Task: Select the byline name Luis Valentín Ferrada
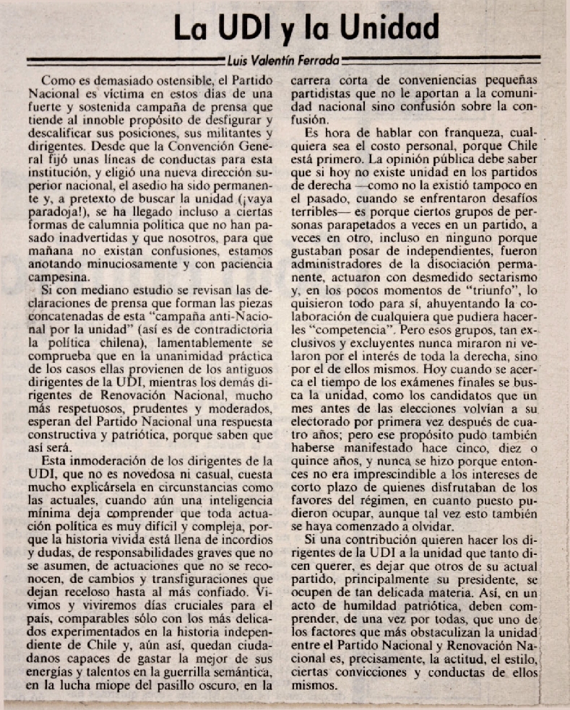pyautogui.click(x=283, y=60)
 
